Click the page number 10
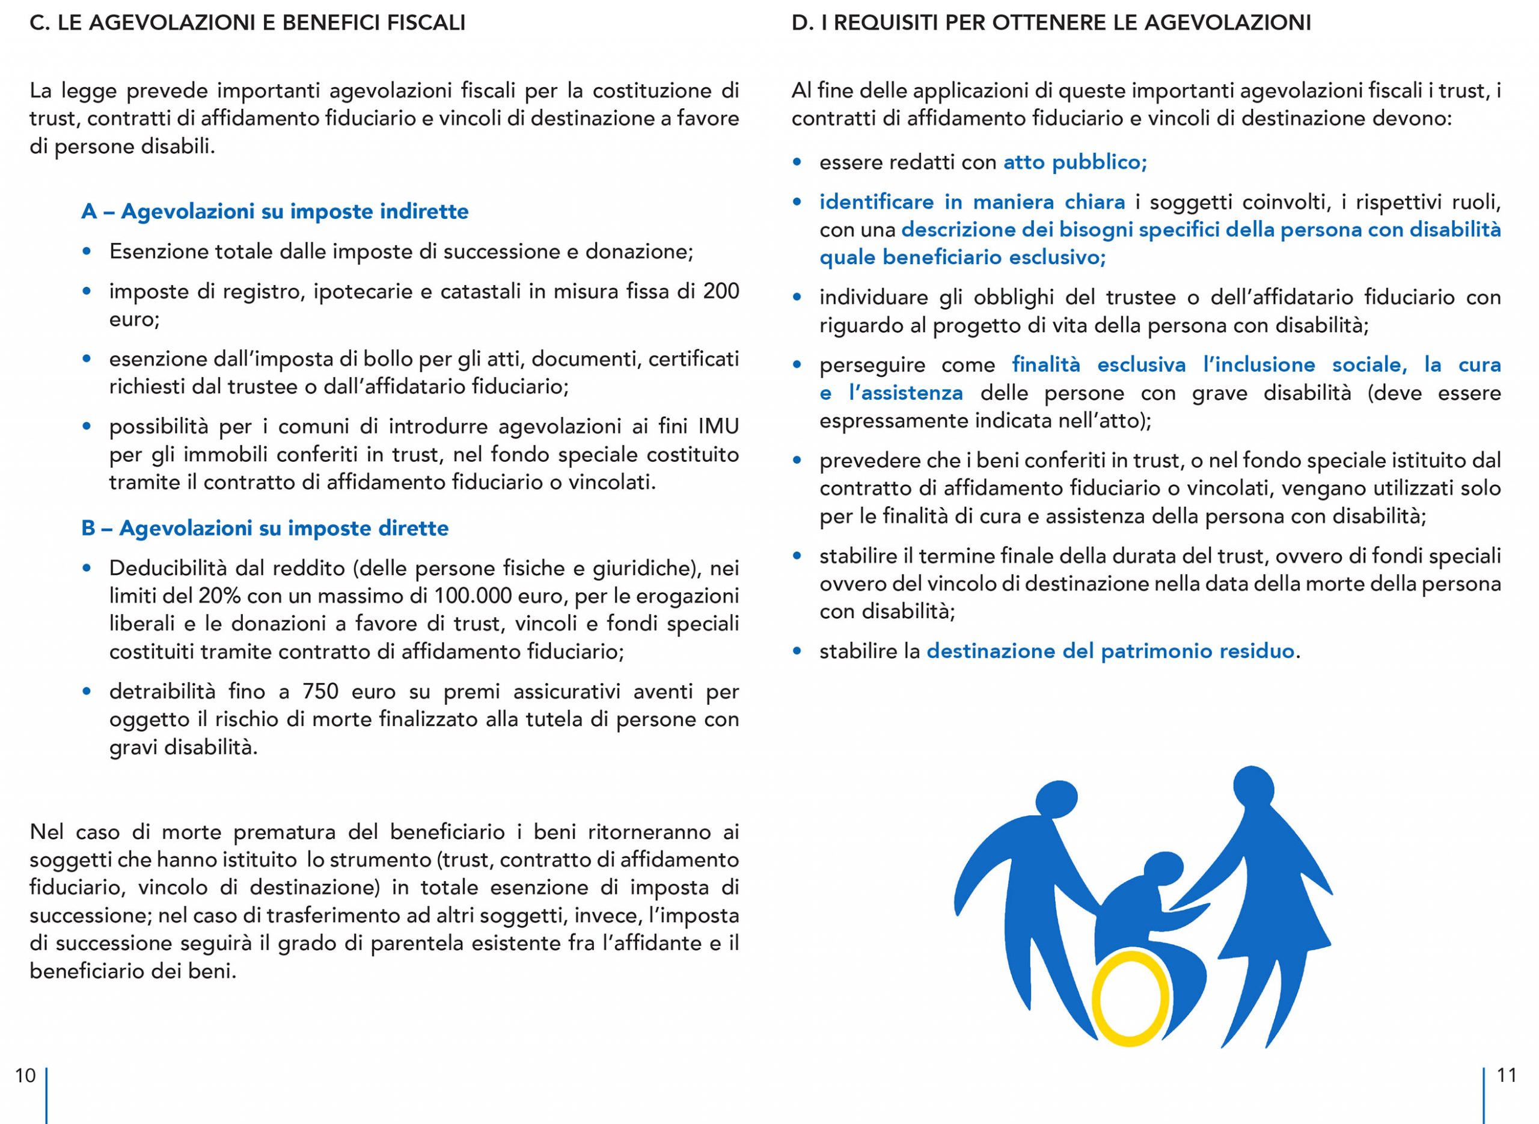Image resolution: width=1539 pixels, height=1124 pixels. (x=25, y=1075)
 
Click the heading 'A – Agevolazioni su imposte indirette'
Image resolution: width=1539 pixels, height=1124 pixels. (x=275, y=212)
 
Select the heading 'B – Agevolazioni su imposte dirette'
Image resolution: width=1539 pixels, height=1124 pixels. (x=265, y=528)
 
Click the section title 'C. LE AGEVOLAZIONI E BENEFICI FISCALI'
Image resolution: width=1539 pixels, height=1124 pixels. (x=248, y=23)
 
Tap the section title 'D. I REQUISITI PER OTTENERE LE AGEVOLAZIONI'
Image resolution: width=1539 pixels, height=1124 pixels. (x=1051, y=23)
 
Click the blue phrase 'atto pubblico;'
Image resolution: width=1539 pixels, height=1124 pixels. (x=1075, y=162)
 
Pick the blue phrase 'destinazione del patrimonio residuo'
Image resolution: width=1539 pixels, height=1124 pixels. (x=1110, y=651)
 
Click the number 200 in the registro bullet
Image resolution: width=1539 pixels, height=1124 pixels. (x=721, y=291)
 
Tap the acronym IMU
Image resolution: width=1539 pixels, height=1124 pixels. (x=718, y=426)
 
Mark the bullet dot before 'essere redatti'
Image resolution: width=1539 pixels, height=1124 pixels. (x=797, y=162)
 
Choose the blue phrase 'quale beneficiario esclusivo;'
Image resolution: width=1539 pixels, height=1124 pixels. (x=962, y=257)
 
